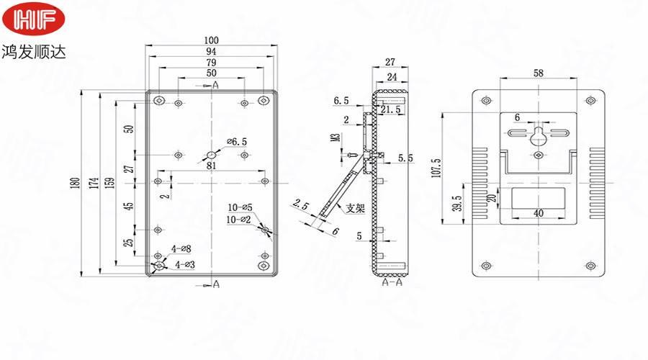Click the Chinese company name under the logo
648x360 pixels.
(x=34, y=53)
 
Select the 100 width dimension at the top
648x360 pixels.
(x=211, y=40)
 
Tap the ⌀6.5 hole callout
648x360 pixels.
(x=237, y=142)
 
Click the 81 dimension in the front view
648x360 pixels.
(x=212, y=166)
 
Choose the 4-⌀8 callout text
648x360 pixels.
(x=181, y=249)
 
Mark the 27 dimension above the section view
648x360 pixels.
(x=391, y=62)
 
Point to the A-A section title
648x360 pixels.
(x=392, y=284)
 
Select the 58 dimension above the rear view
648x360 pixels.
(x=539, y=73)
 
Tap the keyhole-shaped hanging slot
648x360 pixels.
(x=539, y=136)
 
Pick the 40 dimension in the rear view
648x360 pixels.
(x=539, y=212)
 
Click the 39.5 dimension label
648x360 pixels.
(x=456, y=204)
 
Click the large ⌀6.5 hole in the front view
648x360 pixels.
(x=212, y=154)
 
